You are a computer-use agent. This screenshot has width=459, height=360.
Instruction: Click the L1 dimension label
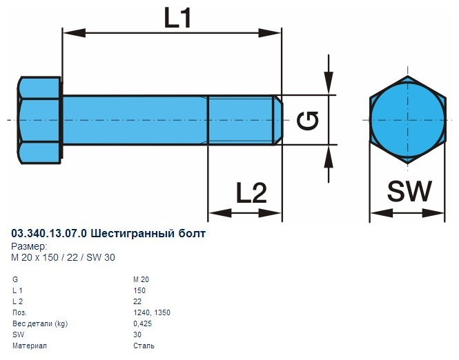pyautogui.click(x=178, y=17)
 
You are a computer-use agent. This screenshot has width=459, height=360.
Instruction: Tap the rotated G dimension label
pyautogui.click(x=308, y=121)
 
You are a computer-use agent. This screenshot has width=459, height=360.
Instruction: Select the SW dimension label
pyautogui.click(x=409, y=191)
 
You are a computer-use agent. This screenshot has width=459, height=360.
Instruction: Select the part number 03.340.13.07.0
pyautogui.click(x=50, y=234)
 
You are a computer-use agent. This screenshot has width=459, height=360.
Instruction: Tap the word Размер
pyautogui.click(x=30, y=246)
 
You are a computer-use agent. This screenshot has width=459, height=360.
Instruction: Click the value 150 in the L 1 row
pyautogui.click(x=139, y=290)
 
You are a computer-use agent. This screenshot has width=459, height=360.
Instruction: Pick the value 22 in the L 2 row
pyautogui.click(x=137, y=301)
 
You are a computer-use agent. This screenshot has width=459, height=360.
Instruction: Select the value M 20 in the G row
pyautogui.click(x=141, y=279)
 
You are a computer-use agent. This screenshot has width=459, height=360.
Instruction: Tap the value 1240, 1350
pyautogui.click(x=152, y=312)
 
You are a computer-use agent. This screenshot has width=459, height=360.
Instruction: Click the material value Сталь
pyautogui.click(x=144, y=346)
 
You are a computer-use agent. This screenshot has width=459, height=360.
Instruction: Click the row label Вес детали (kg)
pyautogui.click(x=41, y=323)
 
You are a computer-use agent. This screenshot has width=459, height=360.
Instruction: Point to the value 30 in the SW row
pyautogui.click(x=137, y=334)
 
